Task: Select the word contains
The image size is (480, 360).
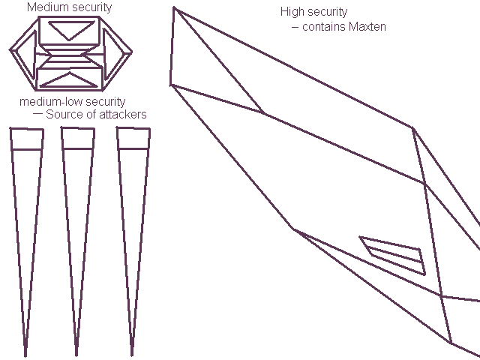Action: click(x=323, y=27)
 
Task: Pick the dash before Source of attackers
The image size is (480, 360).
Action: click(x=37, y=114)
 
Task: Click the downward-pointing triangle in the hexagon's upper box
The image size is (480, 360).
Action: click(x=70, y=30)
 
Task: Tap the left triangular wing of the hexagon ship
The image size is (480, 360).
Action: click(x=22, y=53)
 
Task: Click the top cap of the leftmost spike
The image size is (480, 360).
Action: click(x=26, y=139)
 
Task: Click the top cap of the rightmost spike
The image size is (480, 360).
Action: click(x=133, y=139)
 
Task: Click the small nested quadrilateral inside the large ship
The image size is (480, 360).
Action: click(x=394, y=255)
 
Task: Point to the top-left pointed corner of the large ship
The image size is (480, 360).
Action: click(x=174, y=8)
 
